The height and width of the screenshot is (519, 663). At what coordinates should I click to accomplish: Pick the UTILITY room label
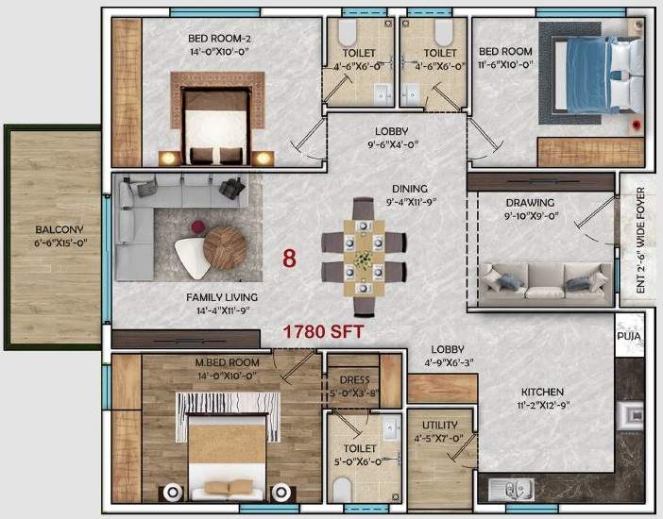tap(440, 426)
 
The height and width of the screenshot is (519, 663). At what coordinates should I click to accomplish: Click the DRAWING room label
tap(529, 202)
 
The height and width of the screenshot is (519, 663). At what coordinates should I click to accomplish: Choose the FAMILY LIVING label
tap(222, 296)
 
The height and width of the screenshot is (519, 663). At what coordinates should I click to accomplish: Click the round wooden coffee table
tap(225, 248)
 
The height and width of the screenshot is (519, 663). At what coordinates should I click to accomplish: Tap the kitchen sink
tap(509, 489)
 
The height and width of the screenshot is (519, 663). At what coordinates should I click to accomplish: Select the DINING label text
tap(411, 188)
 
